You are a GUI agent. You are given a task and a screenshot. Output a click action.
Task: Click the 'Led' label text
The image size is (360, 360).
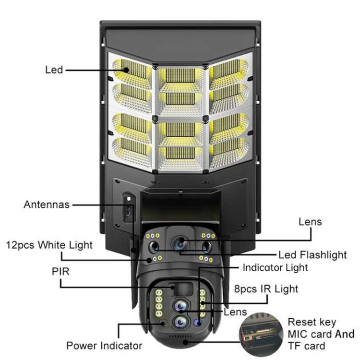54,70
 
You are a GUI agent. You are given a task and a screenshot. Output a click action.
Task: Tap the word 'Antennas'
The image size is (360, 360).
47,204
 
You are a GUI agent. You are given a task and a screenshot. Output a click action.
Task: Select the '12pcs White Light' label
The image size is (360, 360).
49,245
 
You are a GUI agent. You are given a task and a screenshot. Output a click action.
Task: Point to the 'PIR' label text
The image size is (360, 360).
60,272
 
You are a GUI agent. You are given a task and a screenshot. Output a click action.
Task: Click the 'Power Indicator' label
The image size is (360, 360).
104,345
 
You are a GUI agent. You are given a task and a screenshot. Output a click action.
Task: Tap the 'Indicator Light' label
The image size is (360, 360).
276,267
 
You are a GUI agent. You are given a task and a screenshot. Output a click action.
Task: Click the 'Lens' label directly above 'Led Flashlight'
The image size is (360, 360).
310,222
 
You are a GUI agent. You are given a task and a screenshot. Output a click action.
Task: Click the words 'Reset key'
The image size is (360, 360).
312,322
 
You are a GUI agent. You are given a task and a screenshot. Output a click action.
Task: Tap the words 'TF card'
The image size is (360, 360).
306,346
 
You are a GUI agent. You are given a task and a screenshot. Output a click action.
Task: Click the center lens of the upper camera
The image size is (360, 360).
181,243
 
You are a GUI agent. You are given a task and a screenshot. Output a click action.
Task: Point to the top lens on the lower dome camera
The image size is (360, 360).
180,305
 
